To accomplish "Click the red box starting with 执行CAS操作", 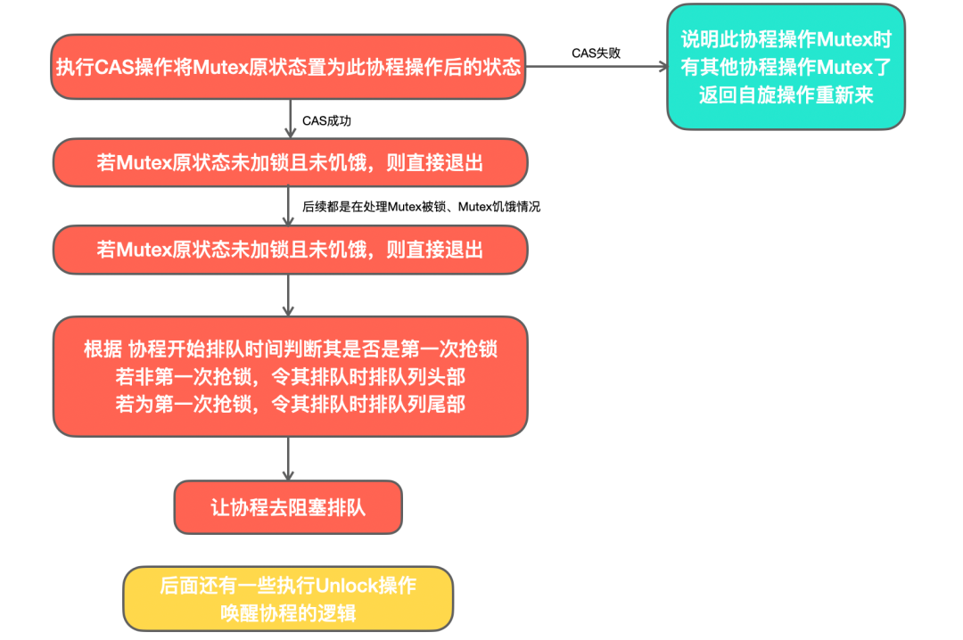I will [288, 67].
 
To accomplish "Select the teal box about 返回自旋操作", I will [786, 67].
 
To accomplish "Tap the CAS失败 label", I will [596, 53].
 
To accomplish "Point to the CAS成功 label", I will [332, 119].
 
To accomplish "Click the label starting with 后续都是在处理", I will [421, 206].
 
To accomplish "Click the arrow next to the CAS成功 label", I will [290, 118].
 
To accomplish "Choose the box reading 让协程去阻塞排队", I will [288, 507].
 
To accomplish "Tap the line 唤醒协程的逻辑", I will [288, 613].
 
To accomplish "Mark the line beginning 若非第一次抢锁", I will [290, 376].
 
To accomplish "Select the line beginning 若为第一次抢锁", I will [290, 404].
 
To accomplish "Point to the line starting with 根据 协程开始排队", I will [290, 349].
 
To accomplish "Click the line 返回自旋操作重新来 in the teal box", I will [786, 95].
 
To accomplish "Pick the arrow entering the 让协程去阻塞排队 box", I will [289, 459].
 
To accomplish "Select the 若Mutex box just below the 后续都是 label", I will [290, 250].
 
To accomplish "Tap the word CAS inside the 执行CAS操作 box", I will [113, 68].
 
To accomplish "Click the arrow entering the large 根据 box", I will [289, 295].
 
